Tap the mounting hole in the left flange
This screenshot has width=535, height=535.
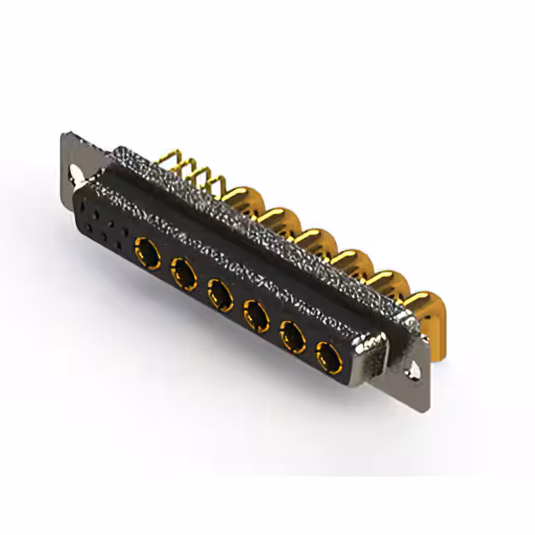tap(78, 173)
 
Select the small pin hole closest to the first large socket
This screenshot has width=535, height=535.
tap(125, 239)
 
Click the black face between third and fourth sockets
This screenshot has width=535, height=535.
tap(236, 303)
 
